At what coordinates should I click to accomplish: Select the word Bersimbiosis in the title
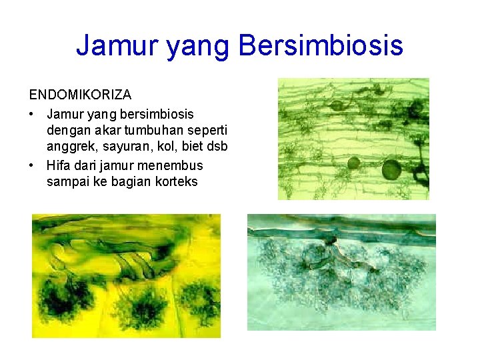click(320, 46)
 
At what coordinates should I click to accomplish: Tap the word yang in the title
click(197, 46)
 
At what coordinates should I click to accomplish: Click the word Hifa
click(59, 165)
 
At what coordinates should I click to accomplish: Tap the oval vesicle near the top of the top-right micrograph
click(339, 105)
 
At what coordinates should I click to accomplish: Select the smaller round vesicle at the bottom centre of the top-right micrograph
click(353, 163)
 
